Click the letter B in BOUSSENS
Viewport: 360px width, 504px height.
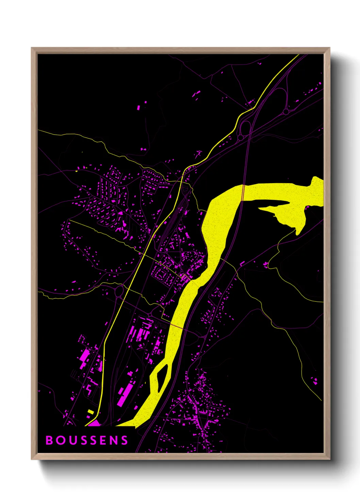click(x=49, y=440)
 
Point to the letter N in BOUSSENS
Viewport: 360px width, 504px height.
click(x=114, y=440)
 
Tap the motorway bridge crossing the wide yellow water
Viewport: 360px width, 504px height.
click(x=243, y=193)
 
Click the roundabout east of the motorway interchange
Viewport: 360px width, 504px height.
click(x=286, y=111)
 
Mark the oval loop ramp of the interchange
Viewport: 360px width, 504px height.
click(x=245, y=128)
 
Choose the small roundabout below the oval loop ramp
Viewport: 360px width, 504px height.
click(x=240, y=137)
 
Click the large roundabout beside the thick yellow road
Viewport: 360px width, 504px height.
click(x=119, y=291)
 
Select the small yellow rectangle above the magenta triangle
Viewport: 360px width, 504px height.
click(x=90, y=412)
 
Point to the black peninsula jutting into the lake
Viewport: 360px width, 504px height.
click(x=274, y=206)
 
